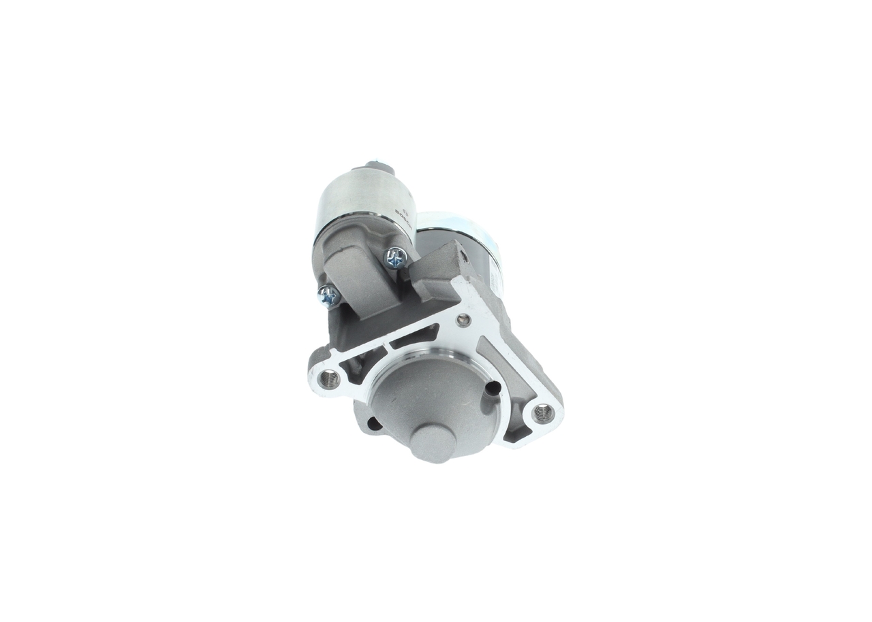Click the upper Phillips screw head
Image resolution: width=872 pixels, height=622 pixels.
tap(396, 257)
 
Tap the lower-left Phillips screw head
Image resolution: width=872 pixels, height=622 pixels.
tap(328, 295)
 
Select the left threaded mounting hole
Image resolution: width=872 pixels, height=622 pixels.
tap(330, 378)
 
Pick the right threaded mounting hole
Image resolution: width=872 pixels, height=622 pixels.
tap(543, 412)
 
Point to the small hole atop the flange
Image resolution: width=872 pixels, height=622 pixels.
tap(463, 320)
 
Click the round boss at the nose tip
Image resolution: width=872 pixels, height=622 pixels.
tap(433, 443)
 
